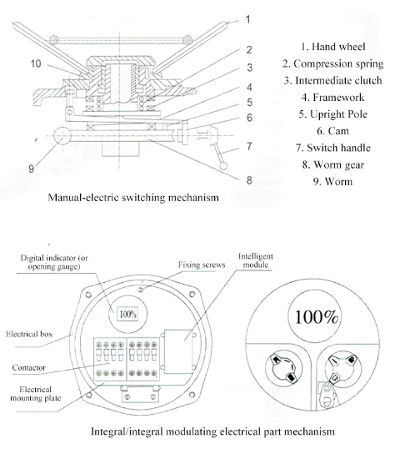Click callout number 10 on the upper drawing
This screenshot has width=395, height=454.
coord(36,63)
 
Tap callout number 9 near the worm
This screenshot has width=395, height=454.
coord(31,169)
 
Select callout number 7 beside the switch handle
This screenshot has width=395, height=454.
coord(249,146)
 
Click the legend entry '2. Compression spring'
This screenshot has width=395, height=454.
coord(332,63)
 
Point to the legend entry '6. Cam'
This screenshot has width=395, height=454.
coord(332,131)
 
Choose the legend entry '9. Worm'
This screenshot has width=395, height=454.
coord(332,182)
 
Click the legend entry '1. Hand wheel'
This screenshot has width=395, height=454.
coord(332,47)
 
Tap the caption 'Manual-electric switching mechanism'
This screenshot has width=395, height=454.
coord(133,198)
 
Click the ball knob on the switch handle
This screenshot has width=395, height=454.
coord(223,166)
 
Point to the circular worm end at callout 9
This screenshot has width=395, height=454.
coord(62,135)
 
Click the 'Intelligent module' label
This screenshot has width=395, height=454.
coord(256,260)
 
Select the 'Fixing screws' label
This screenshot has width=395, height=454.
coord(202,265)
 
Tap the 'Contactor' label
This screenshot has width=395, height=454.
coord(29,367)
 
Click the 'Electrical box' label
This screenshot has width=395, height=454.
coord(29,334)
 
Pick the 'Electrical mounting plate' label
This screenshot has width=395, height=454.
coord(36,394)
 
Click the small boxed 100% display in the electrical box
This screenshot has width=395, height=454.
coord(127,314)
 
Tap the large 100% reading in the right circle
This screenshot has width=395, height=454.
coord(317,317)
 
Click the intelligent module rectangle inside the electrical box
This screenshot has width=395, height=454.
coord(178,351)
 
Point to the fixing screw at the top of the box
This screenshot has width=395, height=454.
coord(141,290)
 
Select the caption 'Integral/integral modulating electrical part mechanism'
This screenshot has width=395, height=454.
coord(212,431)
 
